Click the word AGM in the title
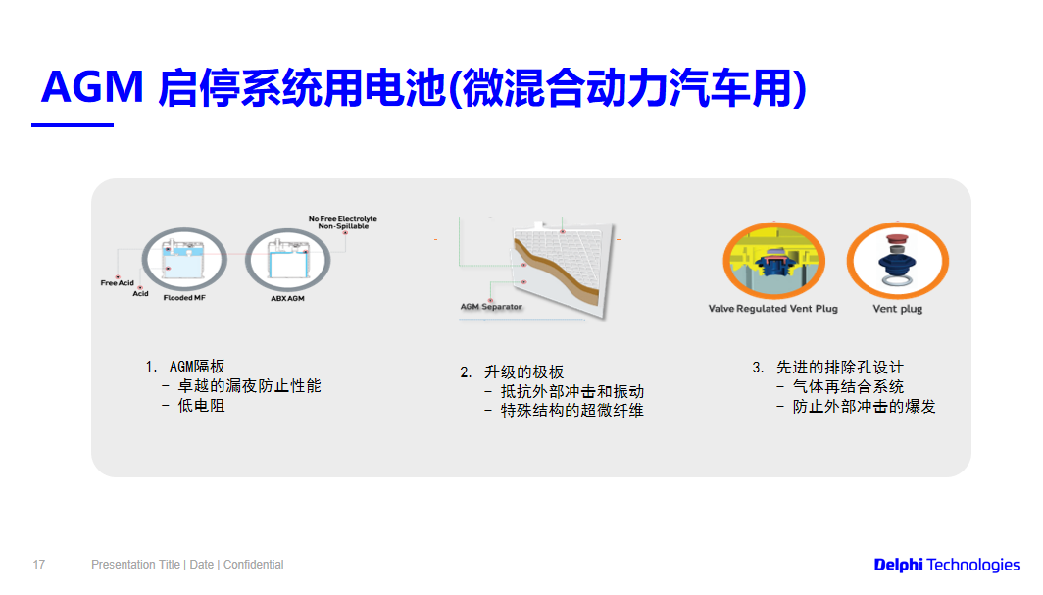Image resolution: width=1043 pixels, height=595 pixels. coord(93,89)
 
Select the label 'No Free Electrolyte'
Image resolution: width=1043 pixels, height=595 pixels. coord(342,219)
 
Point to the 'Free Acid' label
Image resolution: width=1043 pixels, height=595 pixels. coord(117,283)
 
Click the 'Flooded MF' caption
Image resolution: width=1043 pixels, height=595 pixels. coord(184,297)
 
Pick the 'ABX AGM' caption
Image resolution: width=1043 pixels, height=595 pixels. coord(287,297)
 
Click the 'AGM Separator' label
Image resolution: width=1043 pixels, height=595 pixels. coord(491,307)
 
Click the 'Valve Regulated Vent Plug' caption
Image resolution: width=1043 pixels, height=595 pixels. coord(772,309)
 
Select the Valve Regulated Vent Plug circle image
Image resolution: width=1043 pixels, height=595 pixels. coord(772,262)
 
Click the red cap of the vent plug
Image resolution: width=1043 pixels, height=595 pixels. coord(894,239)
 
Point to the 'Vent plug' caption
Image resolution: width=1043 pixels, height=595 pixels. coord(897,309)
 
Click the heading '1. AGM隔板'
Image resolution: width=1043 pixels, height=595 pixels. coord(185,367)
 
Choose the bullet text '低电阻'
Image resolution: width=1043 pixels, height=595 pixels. coord(201,405)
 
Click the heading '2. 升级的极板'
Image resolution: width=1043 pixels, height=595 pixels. coord(512,372)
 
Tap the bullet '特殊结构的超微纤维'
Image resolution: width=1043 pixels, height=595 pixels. coord(572,411)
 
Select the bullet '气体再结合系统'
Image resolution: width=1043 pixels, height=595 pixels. coord(848,387)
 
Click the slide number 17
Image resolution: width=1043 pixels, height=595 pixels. coord(39,565)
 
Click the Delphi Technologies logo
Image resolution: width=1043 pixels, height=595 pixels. coord(947,565)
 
